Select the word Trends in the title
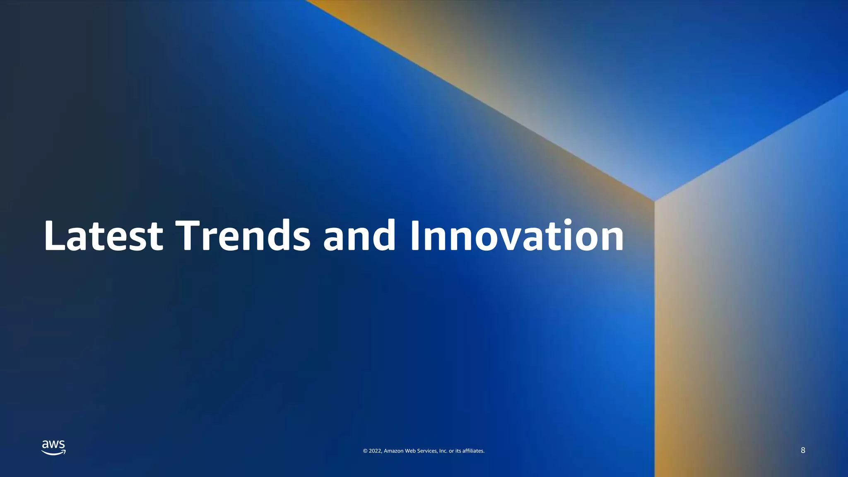click(243, 236)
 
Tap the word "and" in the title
click(359, 236)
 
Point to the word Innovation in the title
click(517, 236)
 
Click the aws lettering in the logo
click(53, 445)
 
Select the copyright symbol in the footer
click(365, 451)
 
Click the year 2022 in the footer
click(375, 451)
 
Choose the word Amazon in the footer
click(393, 451)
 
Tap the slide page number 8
click(803, 450)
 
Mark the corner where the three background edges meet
click(654, 201)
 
